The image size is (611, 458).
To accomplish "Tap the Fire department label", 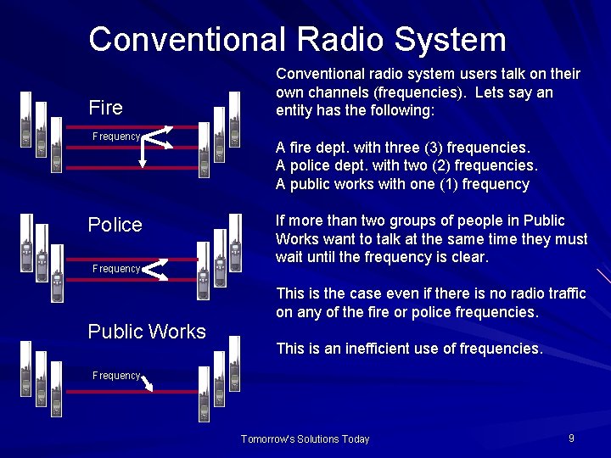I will pyautogui.click(x=105, y=108).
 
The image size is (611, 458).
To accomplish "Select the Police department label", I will pyautogui.click(x=115, y=225).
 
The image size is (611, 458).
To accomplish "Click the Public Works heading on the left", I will pyautogui.click(x=147, y=332).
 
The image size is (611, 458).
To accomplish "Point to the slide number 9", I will pyautogui.click(x=571, y=438).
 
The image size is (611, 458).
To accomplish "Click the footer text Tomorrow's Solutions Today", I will pyautogui.click(x=305, y=439).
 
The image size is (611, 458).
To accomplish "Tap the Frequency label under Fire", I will pyautogui.click(x=116, y=137).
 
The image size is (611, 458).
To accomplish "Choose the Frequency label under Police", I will pyautogui.click(x=116, y=269).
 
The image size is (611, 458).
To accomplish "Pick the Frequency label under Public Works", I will pyautogui.click(x=116, y=376).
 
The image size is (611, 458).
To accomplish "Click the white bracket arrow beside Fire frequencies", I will pyautogui.click(x=156, y=144).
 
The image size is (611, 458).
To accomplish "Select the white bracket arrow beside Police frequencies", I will pyautogui.click(x=153, y=270).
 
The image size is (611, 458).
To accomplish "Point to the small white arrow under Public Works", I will pyautogui.click(x=147, y=385).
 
